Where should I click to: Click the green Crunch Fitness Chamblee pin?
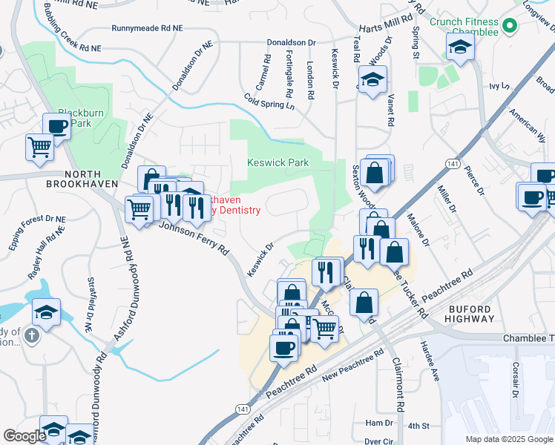[509, 27]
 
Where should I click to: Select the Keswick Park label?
[277, 162]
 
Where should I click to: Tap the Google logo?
[24, 436]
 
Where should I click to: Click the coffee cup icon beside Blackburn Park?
[57, 127]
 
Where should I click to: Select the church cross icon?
[31, 336]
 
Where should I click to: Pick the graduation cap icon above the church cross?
[46, 313]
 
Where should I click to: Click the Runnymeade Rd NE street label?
[147, 28]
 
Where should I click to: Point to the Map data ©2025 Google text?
[508, 439]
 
